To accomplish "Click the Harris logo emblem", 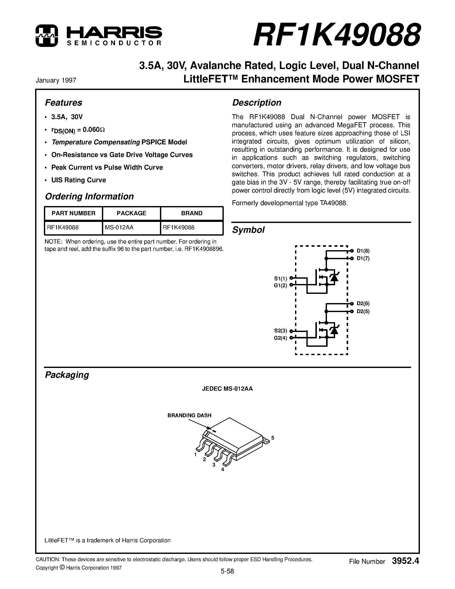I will click(47, 36).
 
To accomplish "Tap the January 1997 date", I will click(56, 80).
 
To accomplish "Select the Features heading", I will click(63, 103).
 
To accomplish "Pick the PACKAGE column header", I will click(131, 213).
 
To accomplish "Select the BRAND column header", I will click(192, 213).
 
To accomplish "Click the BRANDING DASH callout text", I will click(189, 415).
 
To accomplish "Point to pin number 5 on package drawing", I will click(273, 438).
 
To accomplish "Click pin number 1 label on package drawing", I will click(195, 454).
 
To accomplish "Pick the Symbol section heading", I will click(248, 230).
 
